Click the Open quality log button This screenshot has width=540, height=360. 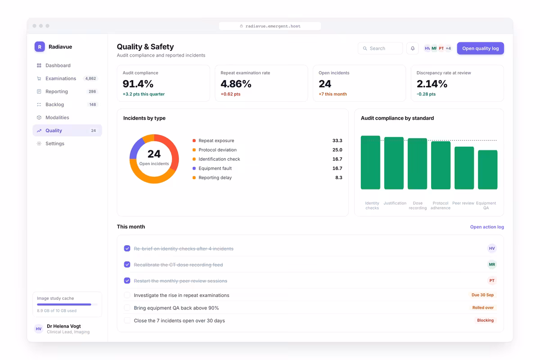pos(480,48)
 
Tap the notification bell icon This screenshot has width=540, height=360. pos(413,48)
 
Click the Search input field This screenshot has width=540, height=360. pos(380,48)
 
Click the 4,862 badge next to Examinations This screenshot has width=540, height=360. pos(90,78)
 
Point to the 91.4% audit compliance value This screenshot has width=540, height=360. pos(138,84)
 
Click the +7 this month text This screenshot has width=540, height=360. pos(333,94)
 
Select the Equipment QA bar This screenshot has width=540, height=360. pos(487,170)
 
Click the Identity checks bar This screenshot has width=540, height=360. pos(370,162)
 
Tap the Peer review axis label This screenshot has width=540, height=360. pos(463,203)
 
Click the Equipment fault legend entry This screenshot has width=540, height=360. pos(212,168)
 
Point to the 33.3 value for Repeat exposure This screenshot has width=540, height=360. pos(337,140)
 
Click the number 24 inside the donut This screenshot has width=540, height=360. pos(154,154)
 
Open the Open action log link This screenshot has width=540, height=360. pos(487,227)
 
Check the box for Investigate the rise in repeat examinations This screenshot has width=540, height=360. pos(127,295)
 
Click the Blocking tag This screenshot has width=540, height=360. pos(485,320)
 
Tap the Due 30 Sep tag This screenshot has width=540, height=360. pos(482,295)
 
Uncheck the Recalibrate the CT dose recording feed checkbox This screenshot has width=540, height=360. pos(127,265)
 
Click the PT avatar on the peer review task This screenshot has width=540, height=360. pos(492,281)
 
